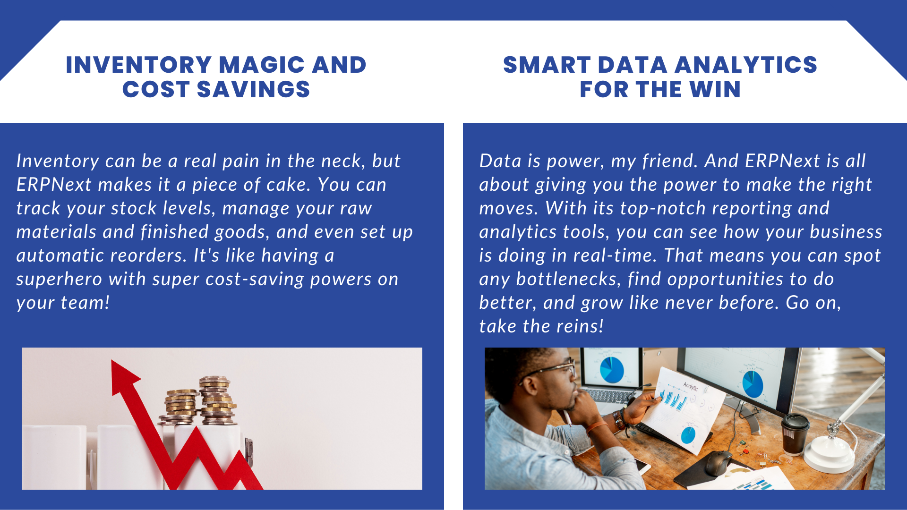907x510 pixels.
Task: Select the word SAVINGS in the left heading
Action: [x=253, y=89]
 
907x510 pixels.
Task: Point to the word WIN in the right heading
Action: [x=715, y=89]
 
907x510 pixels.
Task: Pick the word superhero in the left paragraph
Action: [x=59, y=280]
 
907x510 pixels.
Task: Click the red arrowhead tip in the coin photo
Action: [x=112, y=361]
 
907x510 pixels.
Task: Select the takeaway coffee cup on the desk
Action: [x=795, y=434]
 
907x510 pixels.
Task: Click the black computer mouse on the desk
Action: [x=718, y=462]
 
